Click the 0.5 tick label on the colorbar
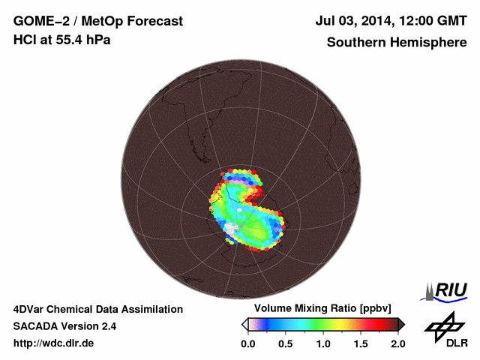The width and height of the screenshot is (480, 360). click(285, 343)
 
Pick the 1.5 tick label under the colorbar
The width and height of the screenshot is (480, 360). click(361, 343)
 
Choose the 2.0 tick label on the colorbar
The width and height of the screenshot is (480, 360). click(397, 343)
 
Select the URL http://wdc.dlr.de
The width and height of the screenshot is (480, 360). click(54, 343)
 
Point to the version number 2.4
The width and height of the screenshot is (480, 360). click(107, 326)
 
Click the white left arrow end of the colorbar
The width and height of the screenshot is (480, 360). click(244, 324)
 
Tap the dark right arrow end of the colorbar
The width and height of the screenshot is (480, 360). click(401, 324)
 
